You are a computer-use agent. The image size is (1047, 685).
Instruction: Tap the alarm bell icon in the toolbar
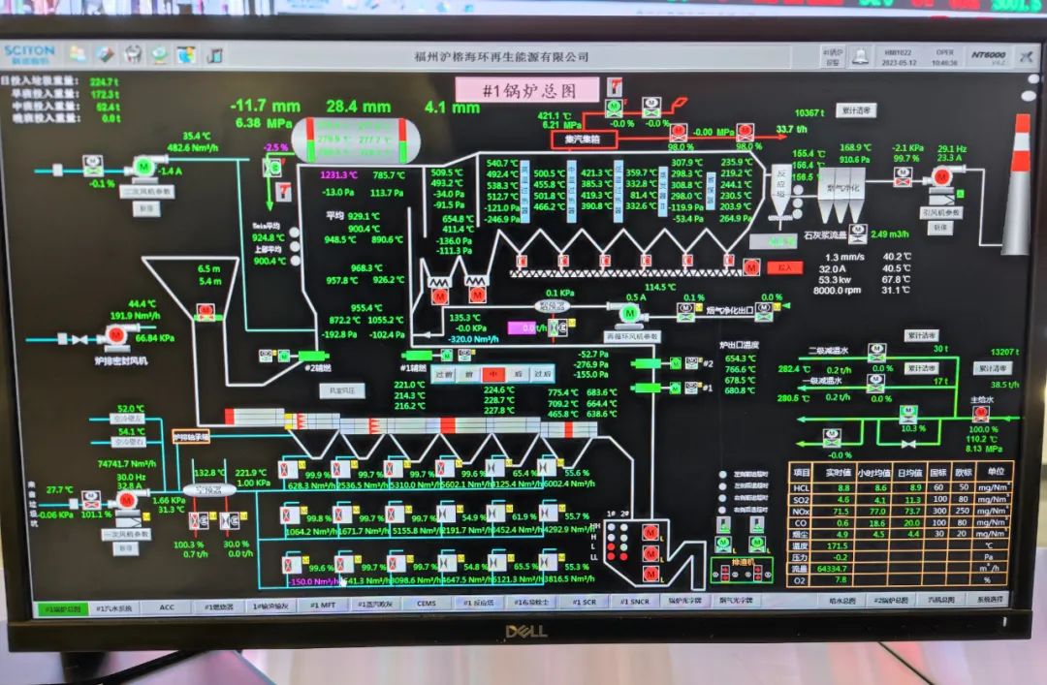[860, 57]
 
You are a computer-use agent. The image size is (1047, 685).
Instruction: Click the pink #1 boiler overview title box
[528, 90]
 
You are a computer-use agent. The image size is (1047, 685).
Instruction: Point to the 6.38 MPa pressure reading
[261, 123]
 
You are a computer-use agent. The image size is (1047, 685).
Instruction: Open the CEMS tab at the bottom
[427, 603]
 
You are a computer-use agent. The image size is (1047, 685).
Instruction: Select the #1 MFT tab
[323, 604]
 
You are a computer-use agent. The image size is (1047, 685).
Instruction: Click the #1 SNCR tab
[635, 602]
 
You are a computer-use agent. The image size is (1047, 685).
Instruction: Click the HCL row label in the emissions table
[802, 487]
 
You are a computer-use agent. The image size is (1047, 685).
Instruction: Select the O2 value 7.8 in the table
[841, 579]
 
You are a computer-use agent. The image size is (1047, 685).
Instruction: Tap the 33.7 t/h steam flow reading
[790, 129]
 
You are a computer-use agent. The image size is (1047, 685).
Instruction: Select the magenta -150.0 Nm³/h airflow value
[311, 581]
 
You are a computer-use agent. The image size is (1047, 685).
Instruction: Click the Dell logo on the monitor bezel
[523, 632]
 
